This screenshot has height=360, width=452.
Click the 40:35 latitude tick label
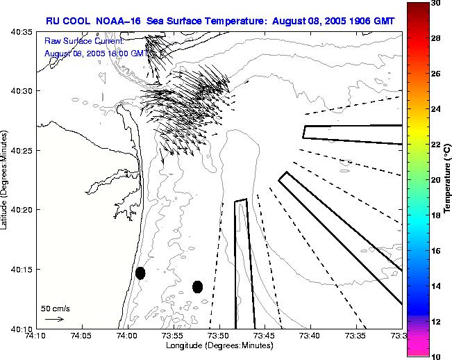point(21,32)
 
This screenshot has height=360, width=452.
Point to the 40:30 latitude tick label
point(21,91)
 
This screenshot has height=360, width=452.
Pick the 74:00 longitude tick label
point(128,335)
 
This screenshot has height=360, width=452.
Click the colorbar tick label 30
point(434,3)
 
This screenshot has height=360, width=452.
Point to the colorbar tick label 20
point(434,180)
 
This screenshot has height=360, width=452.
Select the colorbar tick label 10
point(434,356)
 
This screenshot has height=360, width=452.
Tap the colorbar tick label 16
point(434,250)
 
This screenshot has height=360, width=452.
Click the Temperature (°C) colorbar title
point(448,180)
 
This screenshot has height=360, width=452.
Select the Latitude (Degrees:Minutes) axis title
point(6,180)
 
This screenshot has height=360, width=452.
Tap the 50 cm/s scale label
point(56,308)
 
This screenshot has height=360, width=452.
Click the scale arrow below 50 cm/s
point(54,319)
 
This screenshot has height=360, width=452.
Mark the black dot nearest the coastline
point(140,273)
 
